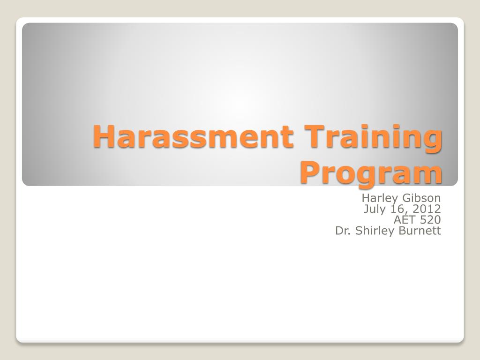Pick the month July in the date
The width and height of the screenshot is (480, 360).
tap(374, 209)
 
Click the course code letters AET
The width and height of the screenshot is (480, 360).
tap(404, 220)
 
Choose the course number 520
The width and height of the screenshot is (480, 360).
tap(430, 220)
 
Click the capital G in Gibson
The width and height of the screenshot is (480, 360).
tap(401, 198)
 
